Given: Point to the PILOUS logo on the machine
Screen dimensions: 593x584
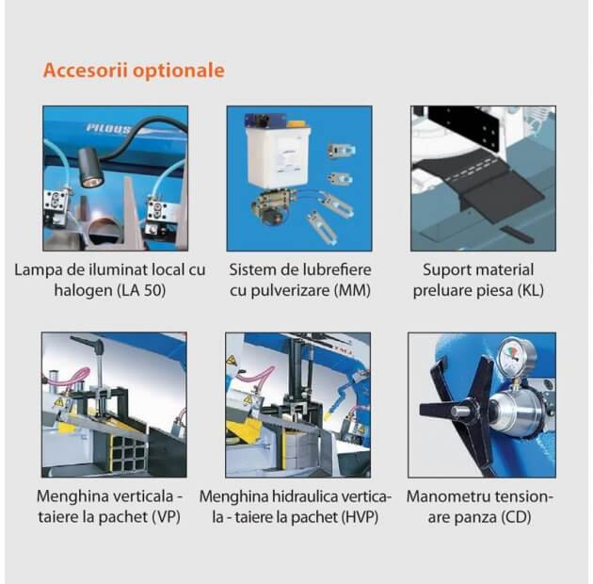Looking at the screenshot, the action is tap(108, 128).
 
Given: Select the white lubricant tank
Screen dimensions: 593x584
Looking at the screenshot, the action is tap(278, 156).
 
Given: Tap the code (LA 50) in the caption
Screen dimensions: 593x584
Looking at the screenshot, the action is tap(142, 291).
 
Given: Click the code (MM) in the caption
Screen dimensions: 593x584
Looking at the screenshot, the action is tap(352, 291).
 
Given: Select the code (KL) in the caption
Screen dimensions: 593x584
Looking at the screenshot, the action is tap(531, 291).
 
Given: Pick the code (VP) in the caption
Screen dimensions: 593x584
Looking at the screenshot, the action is tap(166, 517).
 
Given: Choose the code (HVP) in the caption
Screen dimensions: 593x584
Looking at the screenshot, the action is tap(360, 517).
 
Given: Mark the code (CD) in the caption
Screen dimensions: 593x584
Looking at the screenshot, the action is tap(517, 517).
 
